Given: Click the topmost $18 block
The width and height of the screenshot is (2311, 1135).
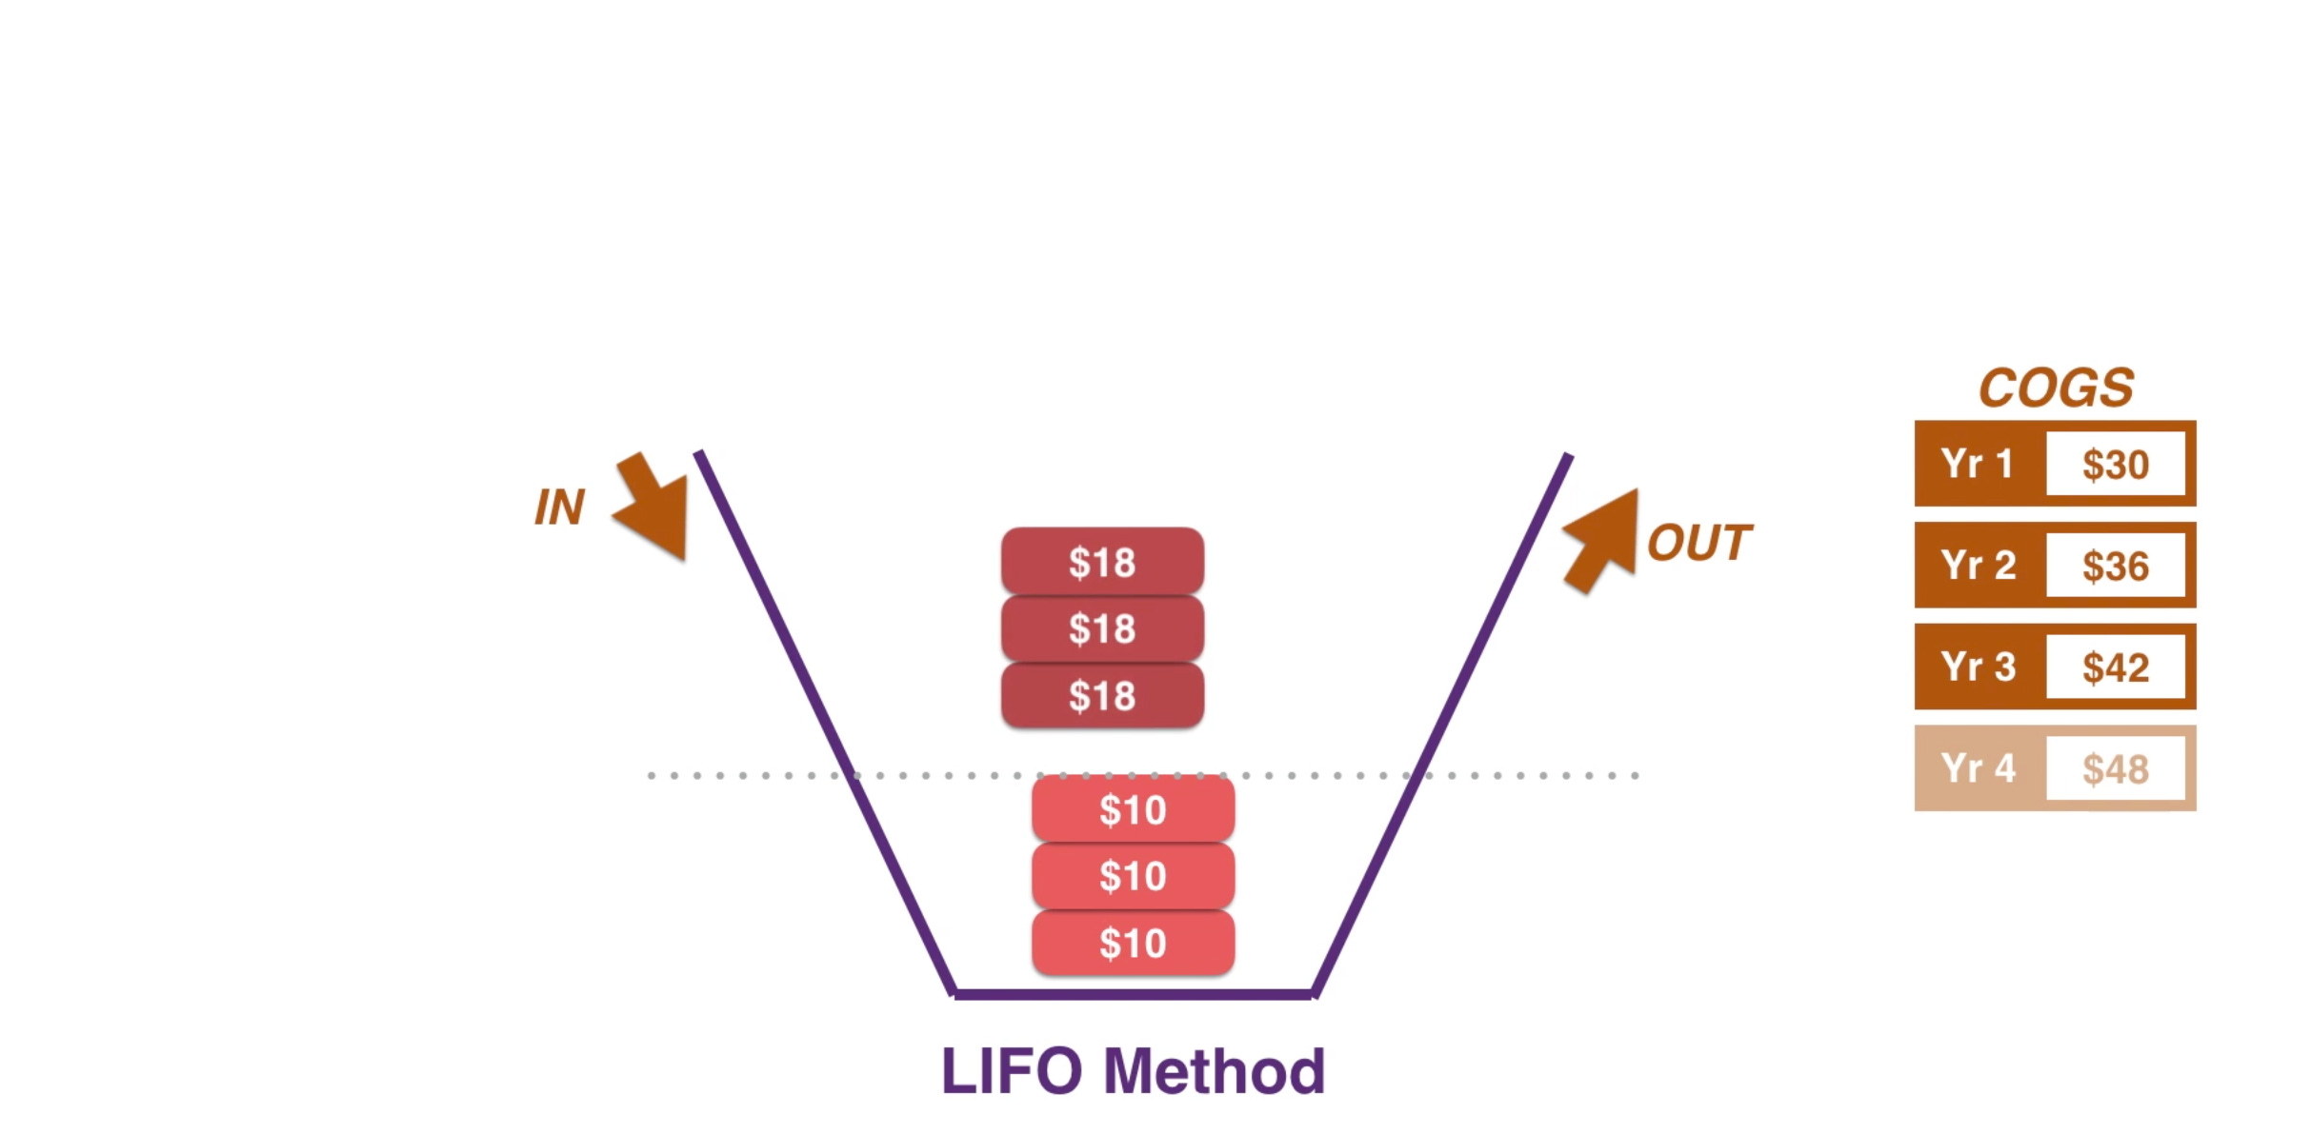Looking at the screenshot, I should point(1102,562).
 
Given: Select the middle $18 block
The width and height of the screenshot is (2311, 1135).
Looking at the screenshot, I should point(1102,628).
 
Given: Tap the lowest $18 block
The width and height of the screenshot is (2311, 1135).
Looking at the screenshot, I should point(1102,696).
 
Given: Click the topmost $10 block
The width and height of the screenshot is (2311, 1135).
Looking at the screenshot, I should point(1133,809).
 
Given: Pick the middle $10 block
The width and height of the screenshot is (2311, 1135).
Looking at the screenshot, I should point(1133,876).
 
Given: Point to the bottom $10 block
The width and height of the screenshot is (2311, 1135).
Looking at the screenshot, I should point(1133,943).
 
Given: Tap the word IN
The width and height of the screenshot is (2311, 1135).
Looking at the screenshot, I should point(559,508).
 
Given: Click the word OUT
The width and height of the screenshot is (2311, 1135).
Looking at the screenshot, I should point(1699,544).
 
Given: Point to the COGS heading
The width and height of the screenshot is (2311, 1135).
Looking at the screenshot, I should point(2056,388).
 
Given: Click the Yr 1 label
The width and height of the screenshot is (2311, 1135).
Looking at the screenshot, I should point(1978,464).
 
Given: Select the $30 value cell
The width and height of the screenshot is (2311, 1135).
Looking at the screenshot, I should point(2116,465).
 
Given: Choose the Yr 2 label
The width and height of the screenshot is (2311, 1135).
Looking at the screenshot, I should point(1978,566).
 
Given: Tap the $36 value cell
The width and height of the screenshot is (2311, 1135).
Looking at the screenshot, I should point(2116,567).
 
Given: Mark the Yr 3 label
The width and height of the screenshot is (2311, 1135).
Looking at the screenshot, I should point(1978,667).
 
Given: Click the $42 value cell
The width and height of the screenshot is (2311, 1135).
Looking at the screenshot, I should point(2116,667).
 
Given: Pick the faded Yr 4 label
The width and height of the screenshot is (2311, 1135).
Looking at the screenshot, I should point(1978,768).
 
